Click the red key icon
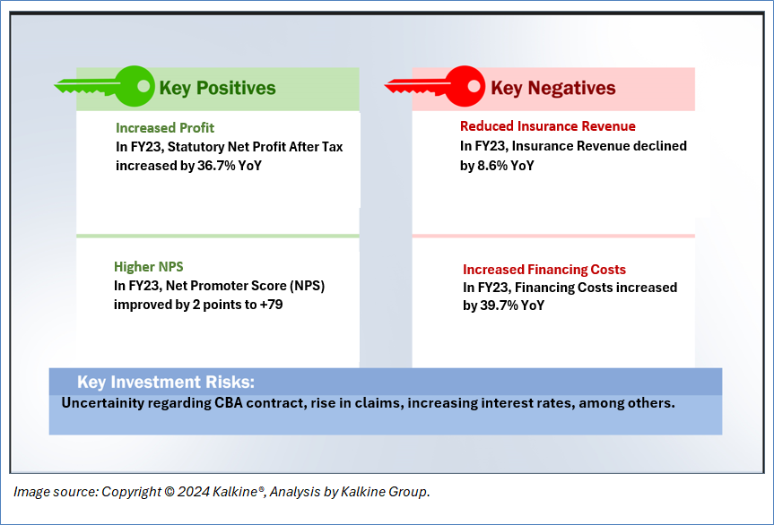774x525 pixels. pyautogui.click(x=435, y=86)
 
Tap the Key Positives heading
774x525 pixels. pyautogui.click(x=217, y=88)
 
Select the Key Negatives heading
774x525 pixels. pyautogui.click(x=552, y=88)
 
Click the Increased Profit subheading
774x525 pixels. pyautogui.click(x=165, y=128)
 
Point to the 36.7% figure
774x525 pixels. pyautogui.click(x=216, y=166)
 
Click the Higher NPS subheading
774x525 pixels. pyautogui.click(x=149, y=267)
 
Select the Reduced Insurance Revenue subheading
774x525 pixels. pyautogui.click(x=548, y=126)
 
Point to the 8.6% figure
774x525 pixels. pyautogui.click(x=492, y=166)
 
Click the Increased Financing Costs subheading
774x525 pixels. pyautogui.click(x=544, y=270)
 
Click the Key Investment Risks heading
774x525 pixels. pyautogui.click(x=166, y=382)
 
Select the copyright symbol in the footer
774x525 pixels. pyautogui.click(x=170, y=492)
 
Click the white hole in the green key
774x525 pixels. pyautogui.click(x=143, y=86)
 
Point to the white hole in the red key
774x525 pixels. pyautogui.click(x=474, y=86)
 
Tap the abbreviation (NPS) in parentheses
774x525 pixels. pyautogui.click(x=307, y=286)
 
